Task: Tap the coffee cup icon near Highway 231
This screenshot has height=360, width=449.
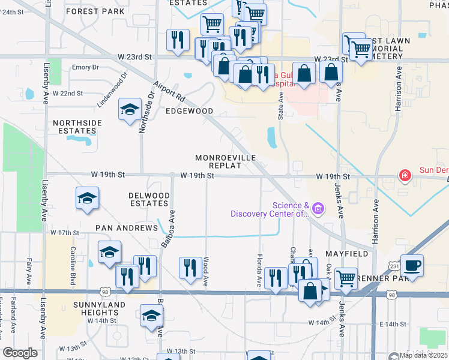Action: pos(412,265)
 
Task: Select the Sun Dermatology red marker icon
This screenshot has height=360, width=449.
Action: pos(406,175)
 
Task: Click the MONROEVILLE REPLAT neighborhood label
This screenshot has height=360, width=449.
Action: pos(225,161)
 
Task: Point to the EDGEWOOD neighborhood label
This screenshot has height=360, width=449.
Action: pos(190,111)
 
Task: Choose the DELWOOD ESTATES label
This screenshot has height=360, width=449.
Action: pos(149,199)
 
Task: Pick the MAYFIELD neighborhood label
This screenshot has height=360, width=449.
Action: pos(347,254)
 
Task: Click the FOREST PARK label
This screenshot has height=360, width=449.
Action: pos(96,11)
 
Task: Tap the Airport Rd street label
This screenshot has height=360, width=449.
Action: pos(167,92)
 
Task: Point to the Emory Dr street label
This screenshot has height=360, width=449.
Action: pos(85,67)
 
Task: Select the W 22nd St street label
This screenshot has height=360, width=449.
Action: pos(67,94)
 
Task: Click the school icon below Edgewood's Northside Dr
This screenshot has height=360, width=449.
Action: pos(130,109)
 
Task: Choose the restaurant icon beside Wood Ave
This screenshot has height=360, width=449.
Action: pos(190,268)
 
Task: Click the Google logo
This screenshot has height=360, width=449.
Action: pos(20,353)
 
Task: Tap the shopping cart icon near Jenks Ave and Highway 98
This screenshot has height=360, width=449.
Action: pos(346,278)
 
